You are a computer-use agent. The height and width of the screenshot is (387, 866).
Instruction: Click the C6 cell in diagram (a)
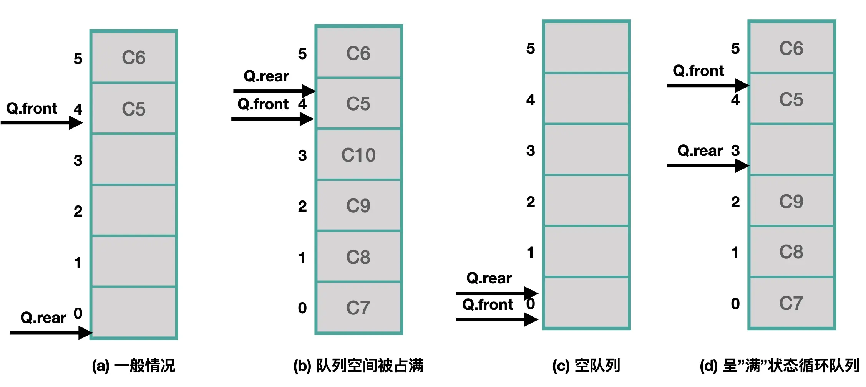coord(134,58)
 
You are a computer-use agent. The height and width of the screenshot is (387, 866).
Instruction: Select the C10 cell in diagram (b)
coord(358,155)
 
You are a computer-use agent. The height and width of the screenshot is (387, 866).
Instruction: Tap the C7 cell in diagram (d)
coord(791,303)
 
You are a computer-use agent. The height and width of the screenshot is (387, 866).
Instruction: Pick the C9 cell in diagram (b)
coord(358,205)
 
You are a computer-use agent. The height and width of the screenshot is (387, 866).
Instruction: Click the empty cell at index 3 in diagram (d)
coord(791,150)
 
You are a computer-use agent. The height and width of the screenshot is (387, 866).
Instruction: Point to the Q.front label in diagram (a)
coord(32,109)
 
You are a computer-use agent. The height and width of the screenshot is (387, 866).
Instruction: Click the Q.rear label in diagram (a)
coord(43,318)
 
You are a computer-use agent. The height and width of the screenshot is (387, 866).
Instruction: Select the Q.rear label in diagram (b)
coord(266,76)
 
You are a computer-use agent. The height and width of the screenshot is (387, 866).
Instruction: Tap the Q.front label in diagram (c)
coord(488,305)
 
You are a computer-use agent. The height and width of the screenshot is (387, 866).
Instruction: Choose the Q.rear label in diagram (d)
coord(700,151)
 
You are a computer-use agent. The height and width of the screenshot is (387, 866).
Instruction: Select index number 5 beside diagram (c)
coord(531,48)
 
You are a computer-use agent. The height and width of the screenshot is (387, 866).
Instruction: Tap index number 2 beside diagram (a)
coord(78,211)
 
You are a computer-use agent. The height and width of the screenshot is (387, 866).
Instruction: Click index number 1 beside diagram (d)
coord(735,252)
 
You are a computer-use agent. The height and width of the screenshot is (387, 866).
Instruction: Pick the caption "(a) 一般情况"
coord(133,365)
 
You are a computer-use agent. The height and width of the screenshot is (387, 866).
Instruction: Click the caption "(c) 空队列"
coord(586,365)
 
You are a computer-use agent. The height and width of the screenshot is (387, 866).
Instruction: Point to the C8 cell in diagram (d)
coord(791,252)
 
